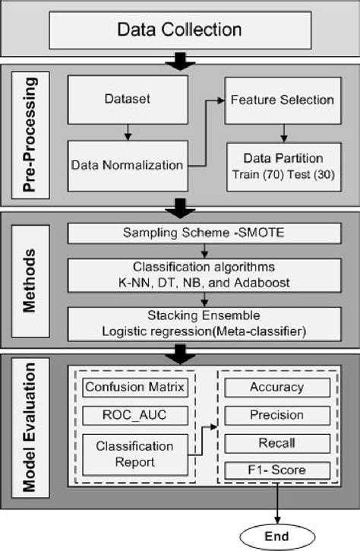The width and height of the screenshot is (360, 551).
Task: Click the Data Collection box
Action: coord(179,30)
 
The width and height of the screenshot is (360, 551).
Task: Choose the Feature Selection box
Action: coord(283,100)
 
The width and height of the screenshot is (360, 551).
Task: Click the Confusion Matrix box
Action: coord(135,388)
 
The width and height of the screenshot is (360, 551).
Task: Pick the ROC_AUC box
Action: coord(135,415)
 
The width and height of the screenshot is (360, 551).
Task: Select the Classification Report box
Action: coord(135,453)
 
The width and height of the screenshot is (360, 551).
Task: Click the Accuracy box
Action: coord(276,388)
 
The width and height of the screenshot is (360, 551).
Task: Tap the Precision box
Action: coord(276,415)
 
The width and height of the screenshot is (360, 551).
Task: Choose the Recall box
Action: coord(276,443)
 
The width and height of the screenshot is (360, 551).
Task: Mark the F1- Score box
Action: coord(276,471)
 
